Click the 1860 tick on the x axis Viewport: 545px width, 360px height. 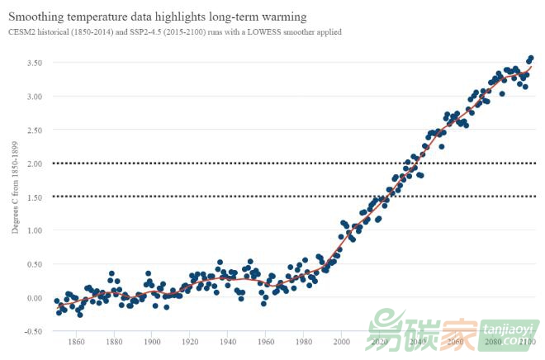coord(75,341)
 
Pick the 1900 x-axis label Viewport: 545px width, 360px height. coord(152,341)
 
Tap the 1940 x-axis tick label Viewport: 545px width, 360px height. coord(228,341)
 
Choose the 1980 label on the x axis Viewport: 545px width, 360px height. coord(304,341)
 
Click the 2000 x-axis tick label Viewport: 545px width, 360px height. coord(342,341)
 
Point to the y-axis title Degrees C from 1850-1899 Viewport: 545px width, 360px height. coord(15,187)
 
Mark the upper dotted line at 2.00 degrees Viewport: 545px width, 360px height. coord(248,163)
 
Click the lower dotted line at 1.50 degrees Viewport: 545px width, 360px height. coord(248,197)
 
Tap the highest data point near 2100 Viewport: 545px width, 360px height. coord(531,58)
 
